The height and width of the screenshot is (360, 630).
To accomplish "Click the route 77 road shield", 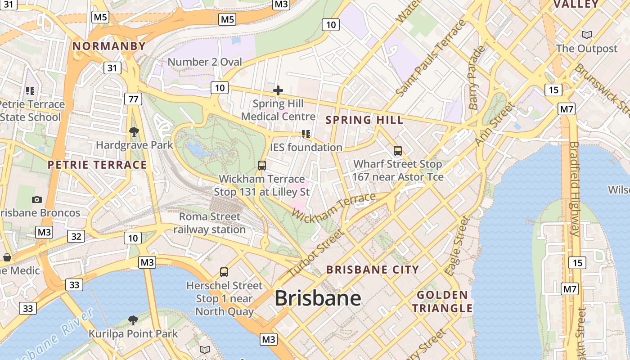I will pos(133,99).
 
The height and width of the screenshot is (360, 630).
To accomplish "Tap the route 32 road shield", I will pos(76,236).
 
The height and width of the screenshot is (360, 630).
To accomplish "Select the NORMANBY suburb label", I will pos(109,46).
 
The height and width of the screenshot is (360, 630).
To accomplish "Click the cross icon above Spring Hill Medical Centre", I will pos(278,90).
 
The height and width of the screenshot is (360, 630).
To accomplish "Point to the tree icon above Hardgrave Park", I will pos(134,132).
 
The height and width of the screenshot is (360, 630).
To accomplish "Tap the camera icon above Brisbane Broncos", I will pos(37,199).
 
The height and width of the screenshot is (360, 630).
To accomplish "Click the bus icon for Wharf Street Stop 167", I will pos(397,151).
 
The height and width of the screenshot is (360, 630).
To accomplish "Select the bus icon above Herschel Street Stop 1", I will pos(224,272).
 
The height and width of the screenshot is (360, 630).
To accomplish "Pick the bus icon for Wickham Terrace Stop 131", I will pos(262,165).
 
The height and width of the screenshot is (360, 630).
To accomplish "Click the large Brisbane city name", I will pos(318,298).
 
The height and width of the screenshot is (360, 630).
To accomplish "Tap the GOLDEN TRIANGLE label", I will pos(443,302).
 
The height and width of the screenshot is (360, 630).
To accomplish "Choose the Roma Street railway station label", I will pos(210,223).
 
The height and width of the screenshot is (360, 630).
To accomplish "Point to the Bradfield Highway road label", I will pos(575,189).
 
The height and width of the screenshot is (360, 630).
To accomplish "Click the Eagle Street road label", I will pos(457,246).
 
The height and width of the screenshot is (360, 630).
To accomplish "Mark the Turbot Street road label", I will pos(315,254).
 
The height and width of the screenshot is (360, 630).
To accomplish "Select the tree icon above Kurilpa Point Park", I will pos(133,320).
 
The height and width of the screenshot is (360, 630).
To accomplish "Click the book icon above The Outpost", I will pos(586,35).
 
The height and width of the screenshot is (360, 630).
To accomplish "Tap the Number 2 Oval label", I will pos(205,62).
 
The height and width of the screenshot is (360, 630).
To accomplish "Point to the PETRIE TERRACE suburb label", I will pos(97,165).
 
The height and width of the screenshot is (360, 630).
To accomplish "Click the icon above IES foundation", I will pos(306,134).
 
